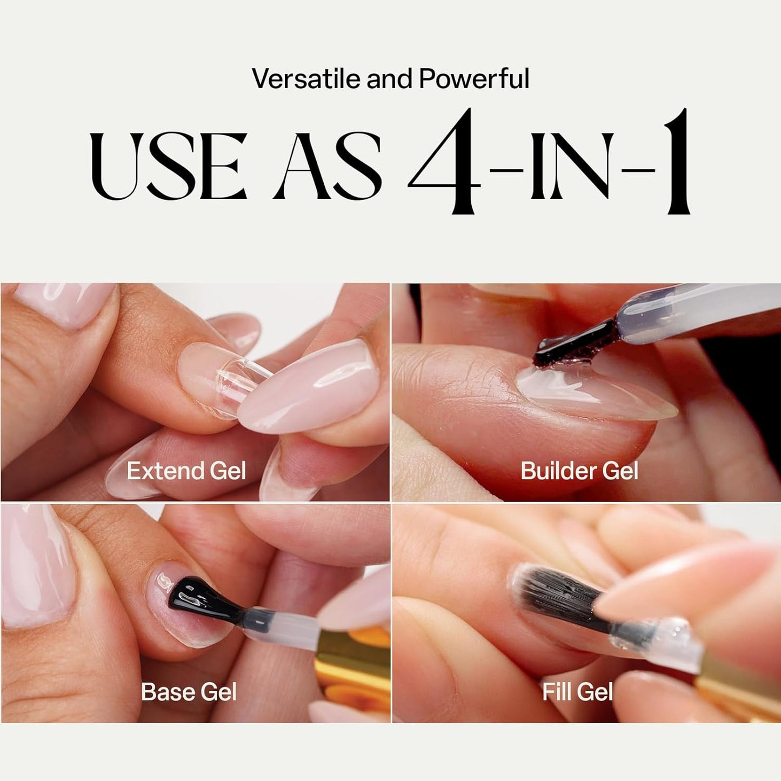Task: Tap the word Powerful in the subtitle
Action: (473, 78)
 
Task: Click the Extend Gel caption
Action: (186, 471)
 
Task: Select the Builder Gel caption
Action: (579, 471)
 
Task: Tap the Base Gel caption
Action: (189, 692)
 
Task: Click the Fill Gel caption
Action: (577, 692)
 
